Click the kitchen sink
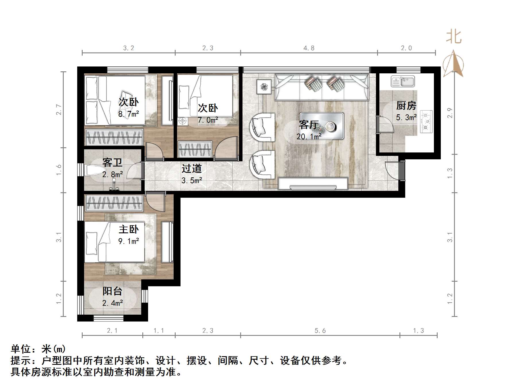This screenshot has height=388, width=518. pyautogui.click(x=403, y=81)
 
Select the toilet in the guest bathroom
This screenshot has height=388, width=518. pyautogui.click(x=94, y=170)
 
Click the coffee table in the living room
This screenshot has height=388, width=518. pyautogui.click(x=322, y=126)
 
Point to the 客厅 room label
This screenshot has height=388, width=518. pyautogui.click(x=309, y=125)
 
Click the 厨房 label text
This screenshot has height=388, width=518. pyautogui.click(x=406, y=106)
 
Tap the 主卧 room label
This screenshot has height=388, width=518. pyautogui.click(x=129, y=229)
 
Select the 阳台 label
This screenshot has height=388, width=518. pyautogui.click(x=112, y=291)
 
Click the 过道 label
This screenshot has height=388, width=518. pyautogui.click(x=191, y=168)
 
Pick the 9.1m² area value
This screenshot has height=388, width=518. pyautogui.click(x=129, y=241)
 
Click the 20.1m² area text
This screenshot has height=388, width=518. pyautogui.click(x=309, y=137)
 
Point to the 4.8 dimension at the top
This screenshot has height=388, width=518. pyautogui.click(x=309, y=48)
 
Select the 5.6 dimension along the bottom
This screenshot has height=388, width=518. pyautogui.click(x=320, y=331)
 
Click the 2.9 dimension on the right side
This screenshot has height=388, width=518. pyautogui.click(x=450, y=112)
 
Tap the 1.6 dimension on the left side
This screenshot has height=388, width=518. pyautogui.click(x=59, y=170)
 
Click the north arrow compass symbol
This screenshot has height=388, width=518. pyautogui.click(x=453, y=64)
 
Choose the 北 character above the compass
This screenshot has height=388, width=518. pyautogui.click(x=454, y=37)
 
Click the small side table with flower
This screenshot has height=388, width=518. pyautogui.click(x=264, y=86)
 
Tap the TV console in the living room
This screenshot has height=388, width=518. pyautogui.click(x=313, y=184)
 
